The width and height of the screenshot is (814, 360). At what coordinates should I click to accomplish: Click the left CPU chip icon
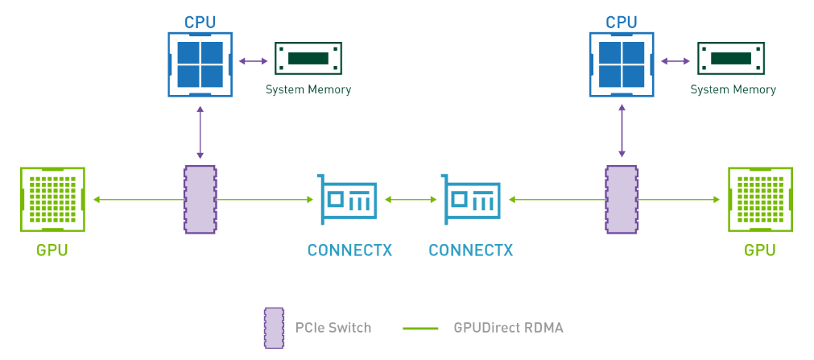[200, 64]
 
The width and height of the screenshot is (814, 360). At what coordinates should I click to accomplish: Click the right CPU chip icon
[622, 64]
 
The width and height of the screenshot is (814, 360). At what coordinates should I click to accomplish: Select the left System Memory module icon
[308, 59]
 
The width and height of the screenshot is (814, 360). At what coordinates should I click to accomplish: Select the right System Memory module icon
[730, 59]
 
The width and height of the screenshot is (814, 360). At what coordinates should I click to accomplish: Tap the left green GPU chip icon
[52, 200]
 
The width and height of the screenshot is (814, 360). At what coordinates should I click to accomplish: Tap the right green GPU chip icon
[759, 200]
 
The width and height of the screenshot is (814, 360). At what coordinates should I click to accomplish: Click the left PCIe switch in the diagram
[200, 200]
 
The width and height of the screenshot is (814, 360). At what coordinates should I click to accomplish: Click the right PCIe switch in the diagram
[622, 200]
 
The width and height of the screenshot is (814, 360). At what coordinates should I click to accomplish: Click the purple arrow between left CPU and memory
[254, 60]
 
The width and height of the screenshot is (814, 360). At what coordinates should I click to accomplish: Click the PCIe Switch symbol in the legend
[275, 328]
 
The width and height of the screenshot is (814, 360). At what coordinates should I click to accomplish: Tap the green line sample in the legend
[419, 328]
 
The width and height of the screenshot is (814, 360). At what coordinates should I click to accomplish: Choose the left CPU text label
[200, 23]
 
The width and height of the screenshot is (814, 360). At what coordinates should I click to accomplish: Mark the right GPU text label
[759, 250]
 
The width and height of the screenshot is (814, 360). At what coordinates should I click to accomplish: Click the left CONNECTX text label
[349, 250]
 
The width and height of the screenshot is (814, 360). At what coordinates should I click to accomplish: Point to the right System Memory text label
[733, 89]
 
